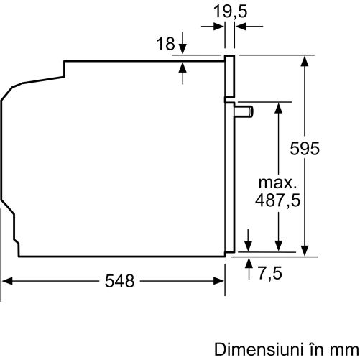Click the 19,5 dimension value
pyautogui.click(x=230, y=11)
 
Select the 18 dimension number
pyautogui.click(x=165, y=44)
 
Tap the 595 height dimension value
pyautogui.click(x=305, y=149)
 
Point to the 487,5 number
pyautogui.click(x=277, y=200)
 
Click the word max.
pyautogui.click(x=278, y=183)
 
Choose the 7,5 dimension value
pyautogui.click(x=270, y=273)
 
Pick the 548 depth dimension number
pyautogui.click(x=119, y=281)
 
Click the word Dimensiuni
pyautogui.click(x=257, y=349)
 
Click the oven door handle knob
pyautogui.click(x=244, y=111)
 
